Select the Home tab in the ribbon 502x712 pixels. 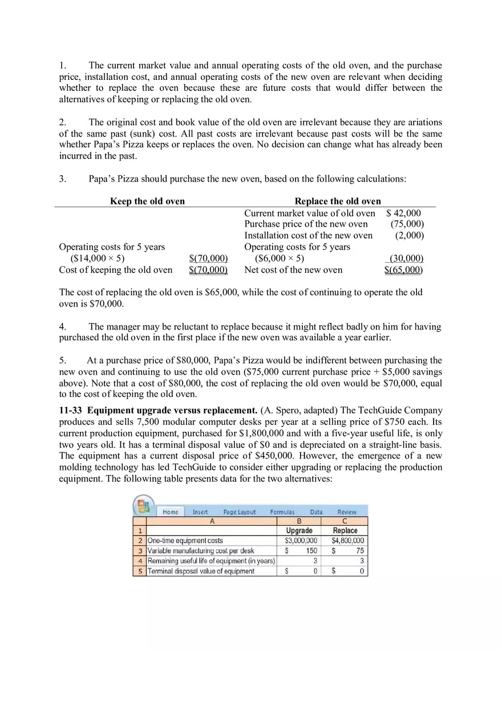click(x=170, y=512)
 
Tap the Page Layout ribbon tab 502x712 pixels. click(x=239, y=512)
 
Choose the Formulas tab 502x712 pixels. click(x=282, y=512)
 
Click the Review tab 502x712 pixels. click(x=347, y=512)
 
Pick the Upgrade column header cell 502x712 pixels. click(x=299, y=530)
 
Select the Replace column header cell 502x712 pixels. click(x=345, y=530)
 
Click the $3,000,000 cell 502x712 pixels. click(x=301, y=540)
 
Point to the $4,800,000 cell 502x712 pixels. click(x=347, y=540)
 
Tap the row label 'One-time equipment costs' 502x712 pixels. click(x=185, y=540)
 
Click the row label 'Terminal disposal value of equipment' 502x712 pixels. click(x=201, y=571)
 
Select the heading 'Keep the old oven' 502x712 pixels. click(x=147, y=201)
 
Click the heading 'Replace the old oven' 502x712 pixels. click(x=338, y=201)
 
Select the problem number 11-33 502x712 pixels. click(x=71, y=411)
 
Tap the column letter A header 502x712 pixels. click(x=212, y=521)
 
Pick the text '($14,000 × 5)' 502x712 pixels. click(x=97, y=258)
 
